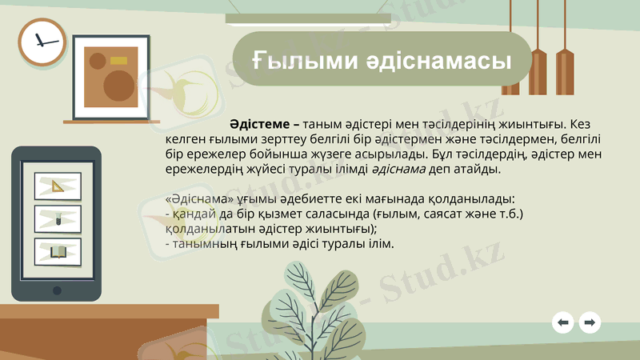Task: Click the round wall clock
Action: click(x=42, y=42)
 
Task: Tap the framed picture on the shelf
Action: click(x=111, y=76)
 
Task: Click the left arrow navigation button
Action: click(x=563, y=322)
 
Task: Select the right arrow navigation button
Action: click(x=590, y=322)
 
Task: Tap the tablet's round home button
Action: click(x=57, y=290)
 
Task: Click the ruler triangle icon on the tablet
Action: click(x=58, y=186)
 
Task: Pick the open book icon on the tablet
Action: click(x=58, y=251)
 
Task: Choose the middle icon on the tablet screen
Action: click(x=58, y=218)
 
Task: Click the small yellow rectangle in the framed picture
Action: click(x=118, y=60)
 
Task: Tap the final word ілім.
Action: click(x=380, y=243)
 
